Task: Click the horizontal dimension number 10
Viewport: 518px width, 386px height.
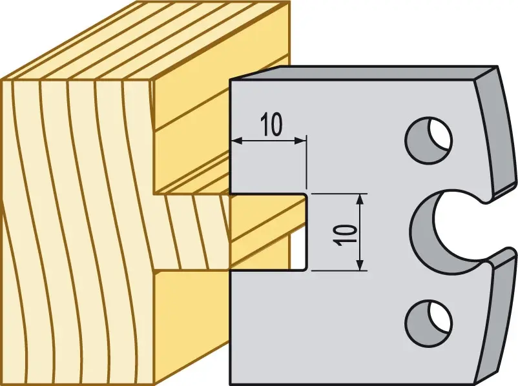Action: click(271, 125)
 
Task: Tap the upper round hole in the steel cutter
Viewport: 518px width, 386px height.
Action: click(429, 139)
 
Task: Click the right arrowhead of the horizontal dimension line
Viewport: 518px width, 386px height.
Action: click(300, 141)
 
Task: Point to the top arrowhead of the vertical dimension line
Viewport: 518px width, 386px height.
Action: click(360, 199)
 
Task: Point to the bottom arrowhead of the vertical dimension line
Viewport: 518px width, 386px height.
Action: click(360, 265)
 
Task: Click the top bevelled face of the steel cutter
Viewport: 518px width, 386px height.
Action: click(364, 73)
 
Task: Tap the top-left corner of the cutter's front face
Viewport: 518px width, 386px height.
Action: click(231, 81)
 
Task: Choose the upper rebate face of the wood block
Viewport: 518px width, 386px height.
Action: click(192, 132)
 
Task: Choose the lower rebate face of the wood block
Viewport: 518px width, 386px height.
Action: click(192, 327)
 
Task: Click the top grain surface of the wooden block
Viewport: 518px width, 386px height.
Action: click(145, 39)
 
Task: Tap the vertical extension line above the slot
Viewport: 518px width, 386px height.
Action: click(307, 162)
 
